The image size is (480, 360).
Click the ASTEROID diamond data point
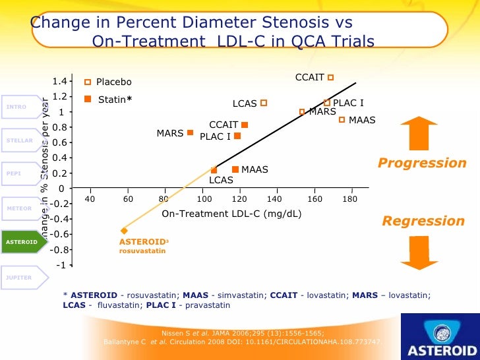pyautogui.click(x=124, y=230)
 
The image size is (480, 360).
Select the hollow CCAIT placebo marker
pyautogui.click(x=330, y=77)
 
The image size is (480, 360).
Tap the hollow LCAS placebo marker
pyautogui.click(x=263, y=103)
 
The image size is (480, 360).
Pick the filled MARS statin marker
pyautogui.click(x=190, y=133)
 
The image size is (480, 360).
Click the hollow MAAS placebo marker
pyautogui.click(x=342, y=119)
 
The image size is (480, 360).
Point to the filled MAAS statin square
pyautogui.click(x=235, y=169)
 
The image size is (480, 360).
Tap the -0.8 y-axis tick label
pyautogui.click(x=57, y=249)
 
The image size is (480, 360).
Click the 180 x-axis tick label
pyautogui.click(x=350, y=198)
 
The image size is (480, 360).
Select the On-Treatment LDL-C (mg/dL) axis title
pyautogui.click(x=232, y=214)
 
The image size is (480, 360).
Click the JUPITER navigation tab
pyautogui.click(x=19, y=278)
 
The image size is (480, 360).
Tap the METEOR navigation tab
pyautogui.click(x=19, y=208)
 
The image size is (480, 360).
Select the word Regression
pyautogui.click(x=423, y=221)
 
